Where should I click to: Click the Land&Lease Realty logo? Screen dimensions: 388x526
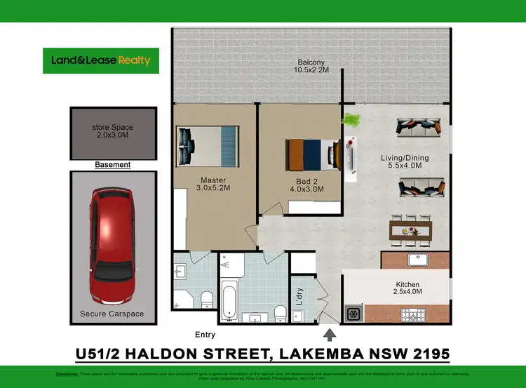tap(101, 60)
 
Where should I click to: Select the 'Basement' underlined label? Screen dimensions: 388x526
tap(112, 165)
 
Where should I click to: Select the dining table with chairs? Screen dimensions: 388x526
tap(411, 231)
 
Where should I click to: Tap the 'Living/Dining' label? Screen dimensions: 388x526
tap(405, 158)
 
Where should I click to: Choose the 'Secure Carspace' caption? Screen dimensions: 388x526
tap(112, 314)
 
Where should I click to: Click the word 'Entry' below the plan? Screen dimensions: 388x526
tap(205, 335)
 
